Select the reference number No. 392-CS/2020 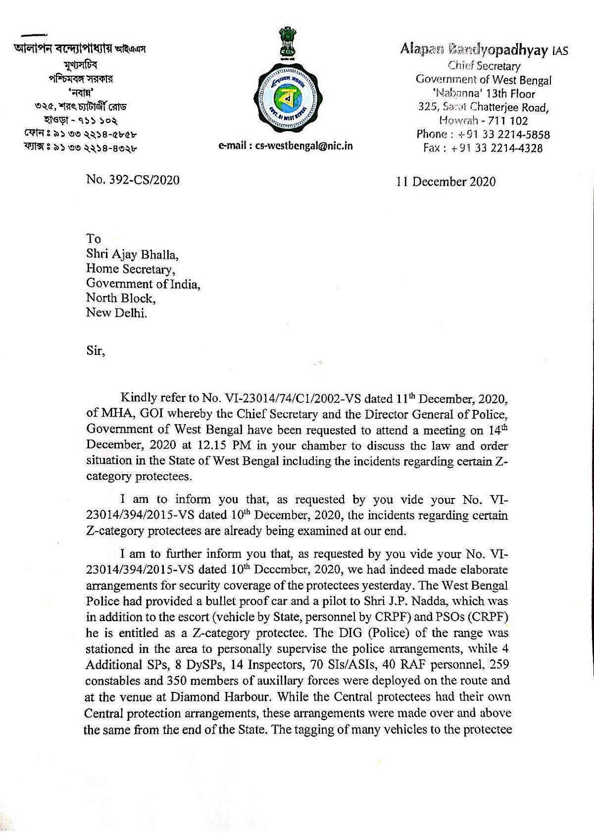pos(133,180)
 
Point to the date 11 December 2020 pos(445,182)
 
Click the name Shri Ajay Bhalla pos(132,254)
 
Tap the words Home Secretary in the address pos(130,269)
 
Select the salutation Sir pos(95,351)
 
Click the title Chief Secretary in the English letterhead pos(484,66)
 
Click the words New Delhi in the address pos(116,313)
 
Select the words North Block pos(120,298)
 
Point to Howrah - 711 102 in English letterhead pos(484,121)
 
